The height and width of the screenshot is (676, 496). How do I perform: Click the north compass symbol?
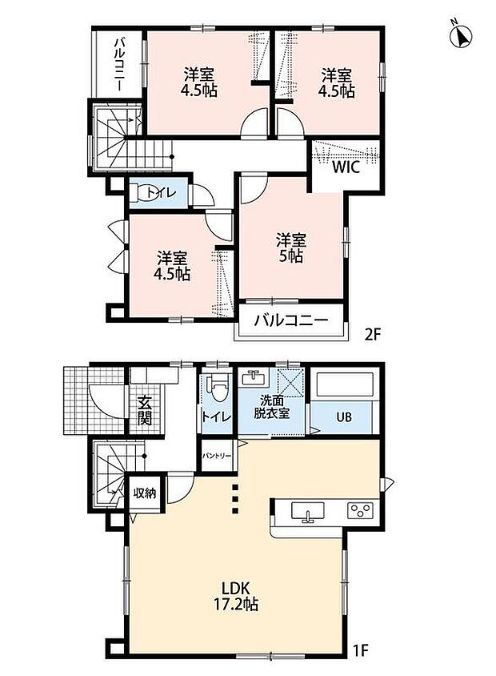[461, 35]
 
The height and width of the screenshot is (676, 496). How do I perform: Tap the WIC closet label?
[346, 167]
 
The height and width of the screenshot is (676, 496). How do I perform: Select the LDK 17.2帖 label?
[236, 595]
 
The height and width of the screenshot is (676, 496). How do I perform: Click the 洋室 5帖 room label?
[291, 247]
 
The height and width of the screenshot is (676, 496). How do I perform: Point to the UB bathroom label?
[343, 417]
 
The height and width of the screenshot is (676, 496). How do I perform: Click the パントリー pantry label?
[217, 456]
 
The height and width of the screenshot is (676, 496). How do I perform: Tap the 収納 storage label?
[144, 493]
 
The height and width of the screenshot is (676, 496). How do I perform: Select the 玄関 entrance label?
[145, 410]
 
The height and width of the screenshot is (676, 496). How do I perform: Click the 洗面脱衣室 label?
[271, 407]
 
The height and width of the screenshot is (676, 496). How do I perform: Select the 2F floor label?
[373, 335]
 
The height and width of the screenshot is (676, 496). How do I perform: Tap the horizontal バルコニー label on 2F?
[291, 320]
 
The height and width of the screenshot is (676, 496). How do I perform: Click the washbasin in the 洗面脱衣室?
[252, 378]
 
